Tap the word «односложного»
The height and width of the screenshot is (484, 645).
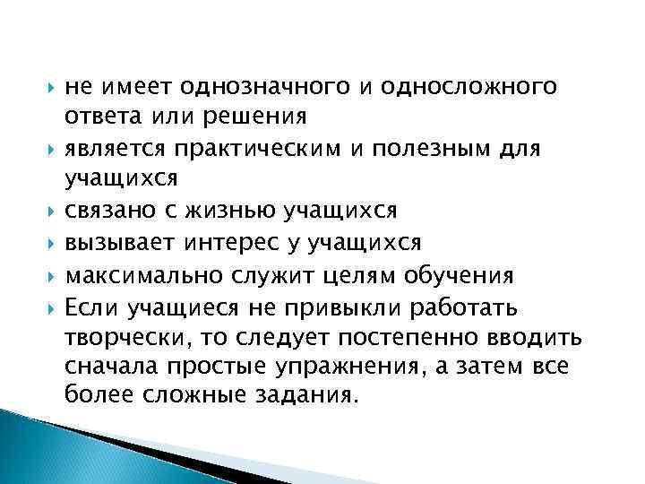(476, 88)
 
